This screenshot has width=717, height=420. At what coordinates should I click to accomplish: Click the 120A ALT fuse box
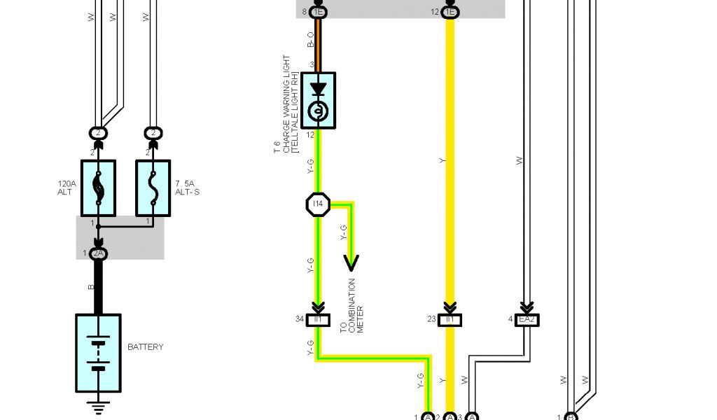pyautogui.click(x=98, y=188)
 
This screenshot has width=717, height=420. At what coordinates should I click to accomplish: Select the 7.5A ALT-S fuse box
pyautogui.click(x=153, y=188)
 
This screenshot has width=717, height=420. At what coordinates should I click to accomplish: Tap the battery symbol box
pyautogui.click(x=98, y=353)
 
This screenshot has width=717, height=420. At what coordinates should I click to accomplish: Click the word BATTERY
pyautogui.click(x=146, y=347)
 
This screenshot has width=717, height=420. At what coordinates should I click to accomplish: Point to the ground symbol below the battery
pyautogui.click(x=98, y=407)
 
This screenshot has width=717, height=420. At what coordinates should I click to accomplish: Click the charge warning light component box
pyautogui.click(x=318, y=100)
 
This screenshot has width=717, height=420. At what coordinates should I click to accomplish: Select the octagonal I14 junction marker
pyautogui.click(x=318, y=204)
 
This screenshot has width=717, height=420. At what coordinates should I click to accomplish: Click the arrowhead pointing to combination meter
pyautogui.click(x=351, y=262)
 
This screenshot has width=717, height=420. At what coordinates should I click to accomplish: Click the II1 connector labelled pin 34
pyautogui.click(x=318, y=320)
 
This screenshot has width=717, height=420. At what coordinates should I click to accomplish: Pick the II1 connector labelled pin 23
pyautogui.click(x=450, y=320)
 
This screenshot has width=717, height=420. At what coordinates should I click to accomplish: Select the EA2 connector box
pyautogui.click(x=527, y=320)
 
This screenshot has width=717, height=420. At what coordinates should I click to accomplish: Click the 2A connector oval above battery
pyautogui.click(x=98, y=253)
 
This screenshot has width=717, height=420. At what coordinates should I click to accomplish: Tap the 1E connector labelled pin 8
pyautogui.click(x=319, y=12)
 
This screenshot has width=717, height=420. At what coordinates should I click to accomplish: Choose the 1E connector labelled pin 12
pyautogui.click(x=450, y=12)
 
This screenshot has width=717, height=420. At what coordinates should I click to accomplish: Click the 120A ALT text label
pyautogui.click(x=65, y=188)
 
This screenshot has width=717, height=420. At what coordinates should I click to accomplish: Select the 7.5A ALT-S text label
pyautogui.click(x=188, y=188)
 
